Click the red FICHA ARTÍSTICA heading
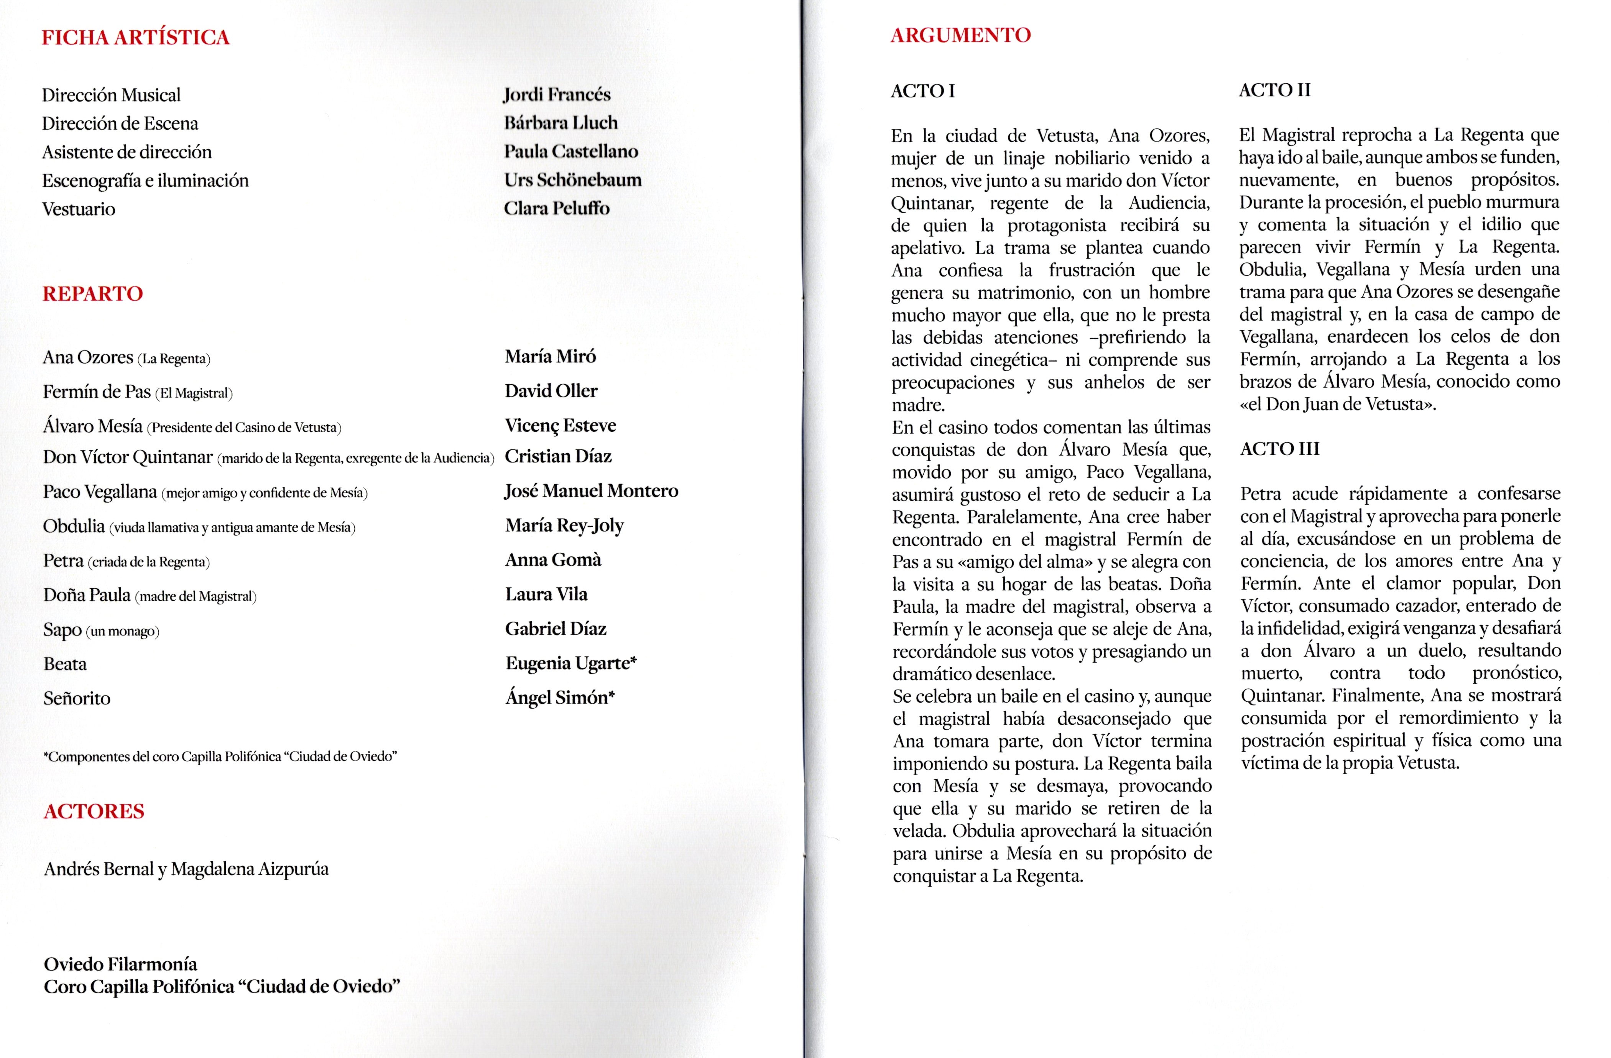click(x=135, y=37)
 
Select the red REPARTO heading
click(x=93, y=294)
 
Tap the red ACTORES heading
click(x=94, y=811)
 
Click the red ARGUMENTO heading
click(x=960, y=35)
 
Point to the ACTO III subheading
click(x=1279, y=449)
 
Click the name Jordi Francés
click(x=556, y=94)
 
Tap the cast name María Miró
click(x=550, y=356)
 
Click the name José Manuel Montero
click(x=591, y=491)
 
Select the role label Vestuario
click(x=79, y=209)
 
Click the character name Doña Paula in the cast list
click(x=87, y=595)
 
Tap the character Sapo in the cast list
click(x=62, y=630)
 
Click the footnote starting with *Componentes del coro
click(x=220, y=756)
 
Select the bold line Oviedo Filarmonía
click(x=120, y=964)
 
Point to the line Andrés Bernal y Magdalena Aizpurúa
click(x=186, y=869)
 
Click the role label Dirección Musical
click(x=111, y=95)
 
